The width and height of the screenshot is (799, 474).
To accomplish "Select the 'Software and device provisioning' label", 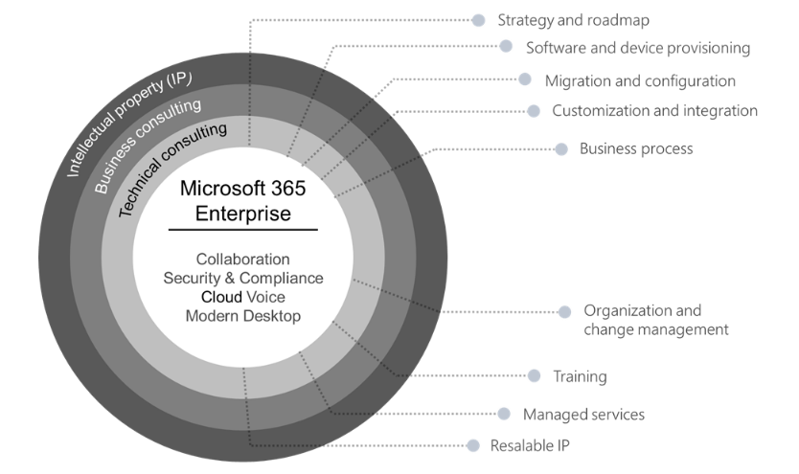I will (637, 47).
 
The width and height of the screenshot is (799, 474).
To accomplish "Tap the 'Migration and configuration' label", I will (640, 80).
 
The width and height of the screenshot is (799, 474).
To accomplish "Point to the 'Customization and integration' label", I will (654, 111).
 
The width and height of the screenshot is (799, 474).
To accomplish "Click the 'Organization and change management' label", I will (656, 320).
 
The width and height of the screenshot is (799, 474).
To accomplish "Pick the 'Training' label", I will (580, 376).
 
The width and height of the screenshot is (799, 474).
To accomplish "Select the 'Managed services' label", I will (583, 415).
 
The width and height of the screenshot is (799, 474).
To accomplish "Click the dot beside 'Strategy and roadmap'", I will (479, 19).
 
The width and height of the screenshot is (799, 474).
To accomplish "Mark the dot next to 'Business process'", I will (561, 148).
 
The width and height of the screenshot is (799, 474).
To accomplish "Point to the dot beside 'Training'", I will (535, 375).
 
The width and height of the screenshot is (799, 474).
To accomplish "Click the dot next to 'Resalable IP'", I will (472, 445).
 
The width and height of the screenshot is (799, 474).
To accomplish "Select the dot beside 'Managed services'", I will (504, 414).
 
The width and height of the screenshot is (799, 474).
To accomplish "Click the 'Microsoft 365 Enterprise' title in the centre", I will (243, 201).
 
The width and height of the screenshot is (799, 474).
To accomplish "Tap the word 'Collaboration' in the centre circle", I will (243, 260).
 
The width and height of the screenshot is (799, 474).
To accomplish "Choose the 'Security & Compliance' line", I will (243, 279).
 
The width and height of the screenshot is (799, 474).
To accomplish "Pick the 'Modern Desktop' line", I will (243, 316).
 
